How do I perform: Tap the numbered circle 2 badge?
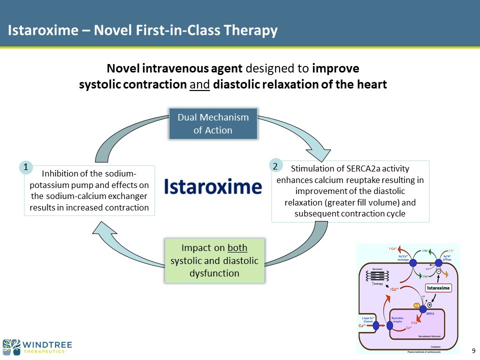pos(274,164)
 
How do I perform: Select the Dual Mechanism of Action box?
pos(213,123)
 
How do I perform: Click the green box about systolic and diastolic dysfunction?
pos(214,260)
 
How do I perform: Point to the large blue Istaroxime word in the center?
pos(213,187)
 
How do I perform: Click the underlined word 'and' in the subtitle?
pos(200,84)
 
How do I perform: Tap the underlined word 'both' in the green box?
pos(237,248)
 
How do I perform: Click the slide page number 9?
pos(473,349)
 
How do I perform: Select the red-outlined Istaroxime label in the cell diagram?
pos(438,288)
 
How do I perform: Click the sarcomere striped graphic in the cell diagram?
pos(378,276)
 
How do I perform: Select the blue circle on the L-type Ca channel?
pos(376,325)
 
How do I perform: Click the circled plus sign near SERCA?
pos(429,304)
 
